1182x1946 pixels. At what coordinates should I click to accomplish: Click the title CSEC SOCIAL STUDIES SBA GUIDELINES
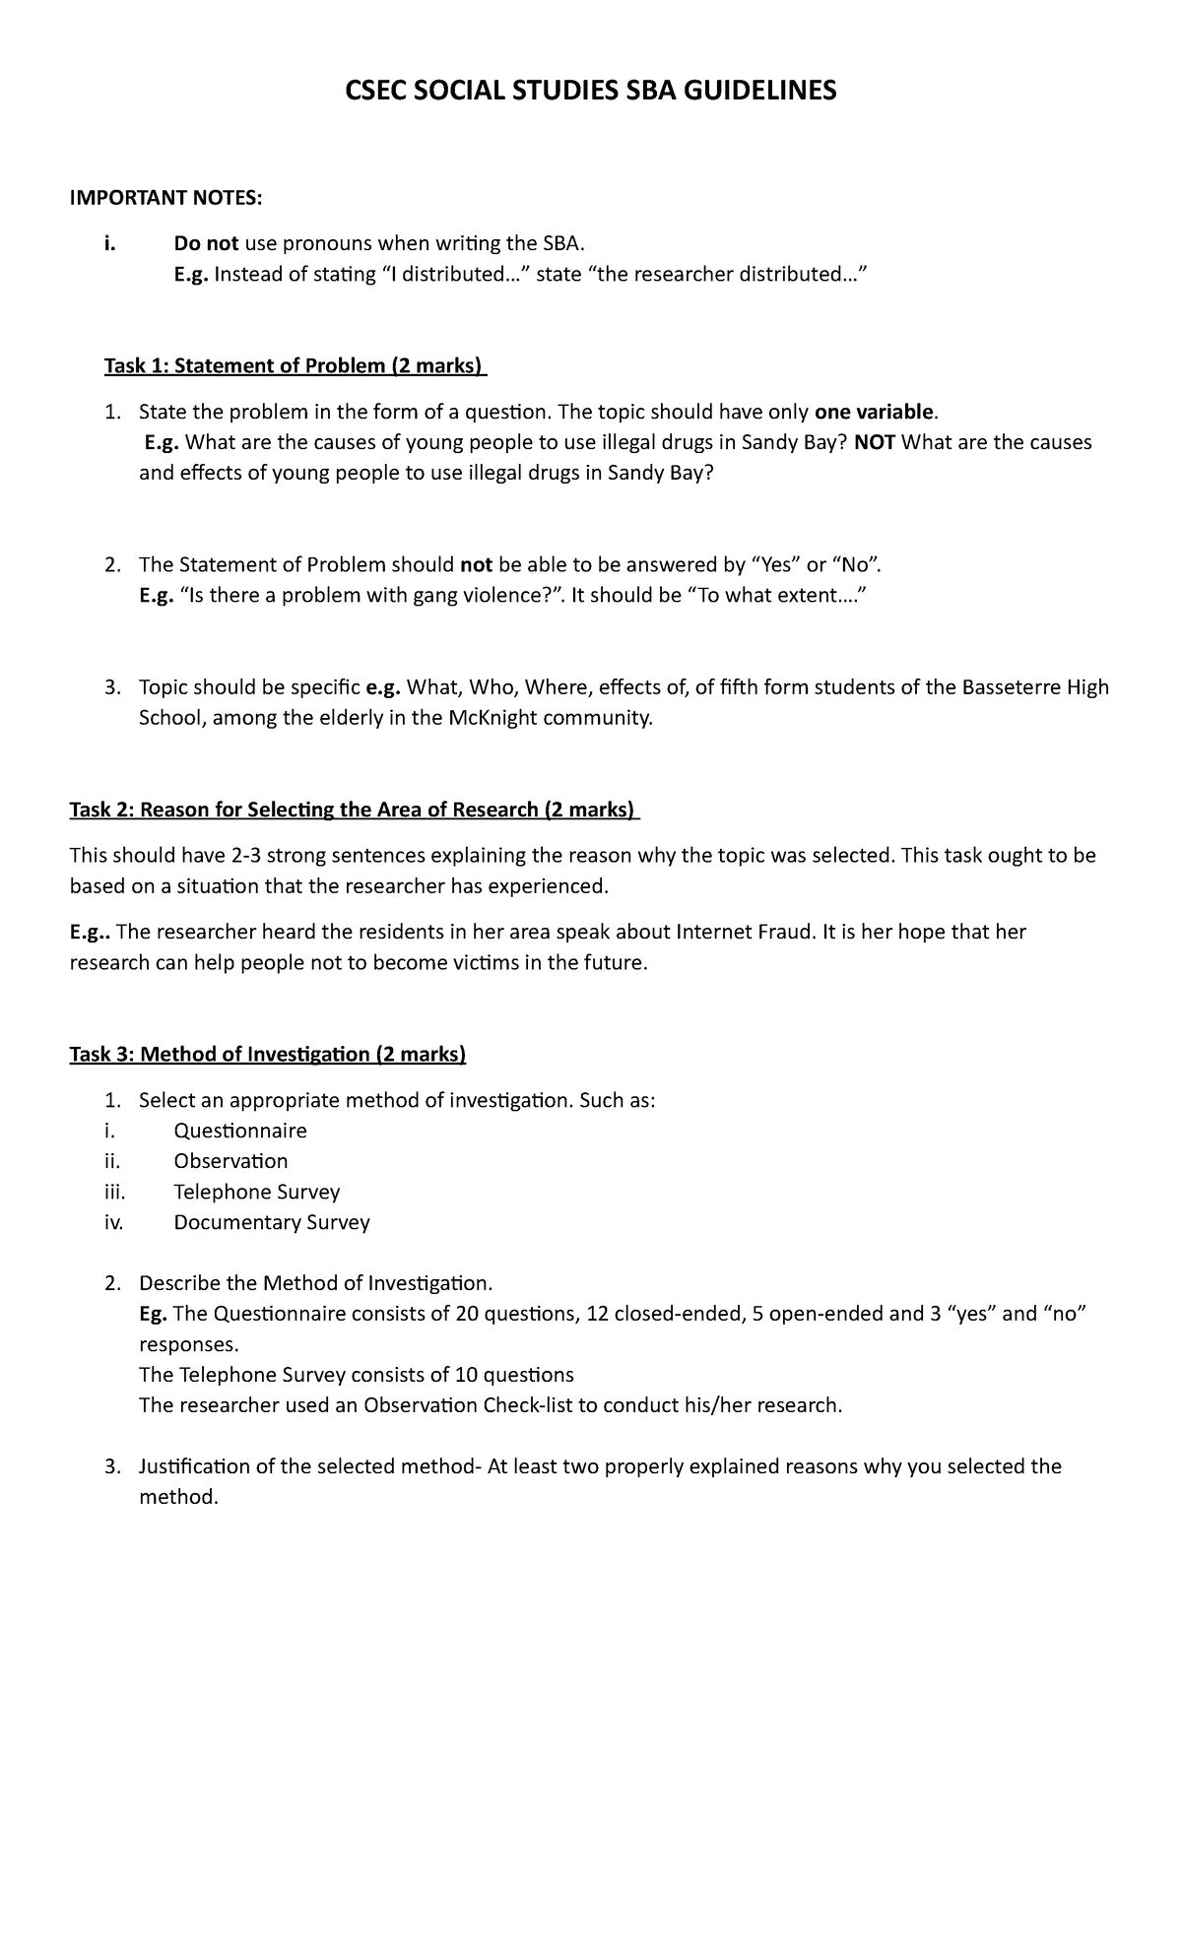click(589, 92)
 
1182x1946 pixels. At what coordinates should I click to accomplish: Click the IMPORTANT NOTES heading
click(165, 199)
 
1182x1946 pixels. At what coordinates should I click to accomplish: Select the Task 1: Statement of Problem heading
click(295, 366)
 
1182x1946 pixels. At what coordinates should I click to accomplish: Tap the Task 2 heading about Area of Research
click(353, 811)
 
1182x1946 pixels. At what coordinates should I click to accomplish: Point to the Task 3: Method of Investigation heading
click(267, 1055)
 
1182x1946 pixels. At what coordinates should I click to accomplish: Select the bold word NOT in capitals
click(874, 442)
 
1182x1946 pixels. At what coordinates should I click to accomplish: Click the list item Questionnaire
click(240, 1131)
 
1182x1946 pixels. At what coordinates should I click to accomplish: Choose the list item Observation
click(230, 1161)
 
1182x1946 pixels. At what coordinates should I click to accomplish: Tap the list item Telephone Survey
click(256, 1192)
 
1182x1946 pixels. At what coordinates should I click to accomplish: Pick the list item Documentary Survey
click(271, 1222)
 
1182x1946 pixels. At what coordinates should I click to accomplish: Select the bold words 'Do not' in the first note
click(206, 243)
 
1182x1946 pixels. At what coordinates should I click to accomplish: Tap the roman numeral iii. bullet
click(114, 1192)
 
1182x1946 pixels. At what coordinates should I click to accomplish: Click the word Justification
click(194, 1466)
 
